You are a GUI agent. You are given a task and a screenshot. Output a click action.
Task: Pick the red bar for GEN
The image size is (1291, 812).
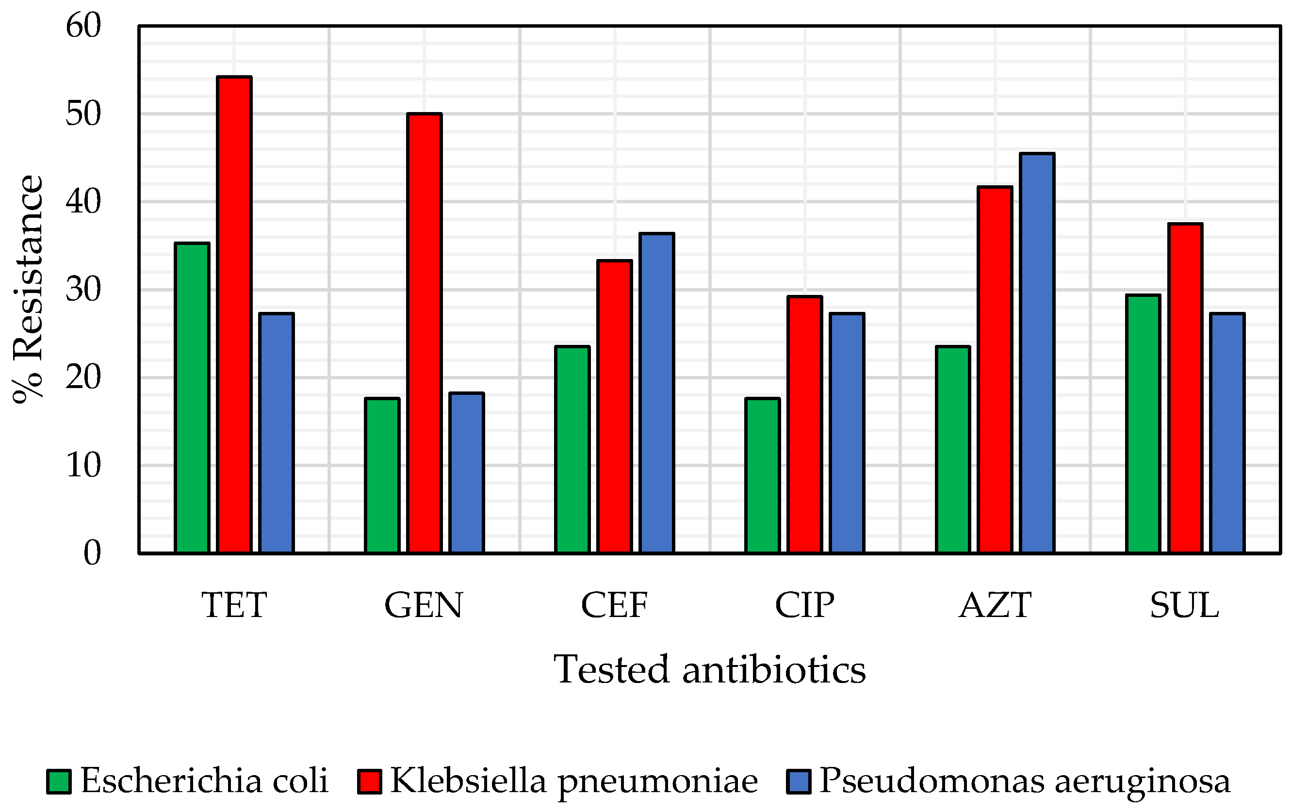[x=424, y=333]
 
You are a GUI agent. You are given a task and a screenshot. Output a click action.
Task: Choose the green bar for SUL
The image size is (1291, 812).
[x=1143, y=423]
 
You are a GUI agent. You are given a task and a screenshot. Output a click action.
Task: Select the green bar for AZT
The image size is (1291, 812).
[x=953, y=450]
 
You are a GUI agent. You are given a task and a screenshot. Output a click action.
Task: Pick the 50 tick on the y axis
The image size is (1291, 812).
[x=83, y=114]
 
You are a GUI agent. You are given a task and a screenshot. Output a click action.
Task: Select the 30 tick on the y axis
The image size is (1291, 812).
[x=83, y=290]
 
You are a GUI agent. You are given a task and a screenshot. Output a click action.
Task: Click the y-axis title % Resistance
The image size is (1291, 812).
[x=28, y=290]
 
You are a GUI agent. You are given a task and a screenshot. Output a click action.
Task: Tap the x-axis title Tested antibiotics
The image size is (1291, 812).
[x=709, y=670]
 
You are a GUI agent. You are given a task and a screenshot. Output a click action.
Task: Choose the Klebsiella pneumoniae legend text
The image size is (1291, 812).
[x=573, y=780]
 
